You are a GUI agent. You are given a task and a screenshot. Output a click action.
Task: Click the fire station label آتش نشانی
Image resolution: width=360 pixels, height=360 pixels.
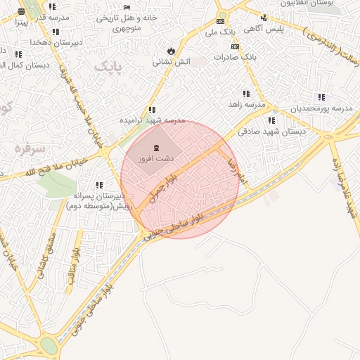coord(172,62)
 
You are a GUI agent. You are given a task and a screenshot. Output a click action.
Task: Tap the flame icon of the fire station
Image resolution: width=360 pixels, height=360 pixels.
coord(171,51)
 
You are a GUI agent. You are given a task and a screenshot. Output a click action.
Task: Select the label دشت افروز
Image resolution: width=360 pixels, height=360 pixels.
coord(155,160)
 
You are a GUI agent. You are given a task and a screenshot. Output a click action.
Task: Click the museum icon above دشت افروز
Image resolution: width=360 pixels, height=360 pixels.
coord(155,148)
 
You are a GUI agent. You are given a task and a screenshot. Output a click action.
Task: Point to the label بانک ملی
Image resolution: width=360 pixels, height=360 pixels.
coord(221,32)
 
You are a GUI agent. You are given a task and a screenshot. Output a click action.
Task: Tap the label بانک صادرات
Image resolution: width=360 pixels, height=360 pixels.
coord(236,57)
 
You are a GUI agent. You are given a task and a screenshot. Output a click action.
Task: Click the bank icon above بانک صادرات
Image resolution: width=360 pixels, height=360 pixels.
coord(235,46)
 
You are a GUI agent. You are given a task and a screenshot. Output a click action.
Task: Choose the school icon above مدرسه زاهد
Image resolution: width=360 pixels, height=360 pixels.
coord(246,94)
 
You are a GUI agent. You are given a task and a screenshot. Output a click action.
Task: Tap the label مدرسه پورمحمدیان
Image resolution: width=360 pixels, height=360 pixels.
coord(321,108)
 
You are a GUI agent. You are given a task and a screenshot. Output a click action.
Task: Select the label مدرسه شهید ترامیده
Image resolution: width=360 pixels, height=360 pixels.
coord(146,120)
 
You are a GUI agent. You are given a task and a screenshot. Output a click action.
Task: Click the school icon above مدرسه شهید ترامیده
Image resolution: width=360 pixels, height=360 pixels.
coord(152,110)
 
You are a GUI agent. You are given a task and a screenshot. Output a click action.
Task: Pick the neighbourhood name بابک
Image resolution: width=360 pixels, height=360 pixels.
coord(107,67)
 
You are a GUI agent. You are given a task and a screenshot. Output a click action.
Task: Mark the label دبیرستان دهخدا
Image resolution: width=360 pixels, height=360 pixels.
coord(56,42)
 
